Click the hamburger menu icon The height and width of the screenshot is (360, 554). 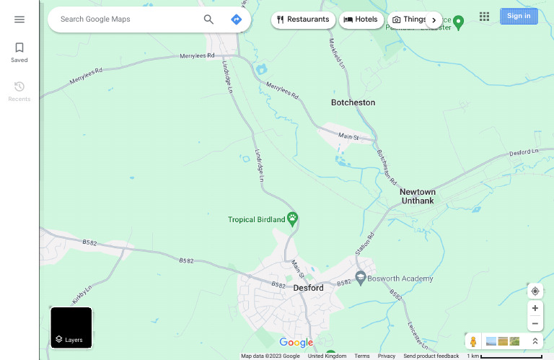point(19,19)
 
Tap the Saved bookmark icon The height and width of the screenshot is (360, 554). point(19,48)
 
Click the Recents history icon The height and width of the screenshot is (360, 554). point(19,87)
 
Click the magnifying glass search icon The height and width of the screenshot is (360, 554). point(208,19)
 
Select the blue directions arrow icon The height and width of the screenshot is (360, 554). point(236,19)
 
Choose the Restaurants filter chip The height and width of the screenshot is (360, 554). point(303,19)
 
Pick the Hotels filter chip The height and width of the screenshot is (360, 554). point(361,19)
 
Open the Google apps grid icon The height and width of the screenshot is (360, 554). point(485,17)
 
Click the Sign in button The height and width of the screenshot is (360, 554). point(519,16)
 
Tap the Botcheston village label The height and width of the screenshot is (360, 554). point(353,102)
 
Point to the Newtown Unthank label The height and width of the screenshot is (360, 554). point(418,196)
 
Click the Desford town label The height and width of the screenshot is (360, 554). point(308,288)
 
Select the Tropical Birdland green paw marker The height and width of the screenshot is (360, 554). point(293,218)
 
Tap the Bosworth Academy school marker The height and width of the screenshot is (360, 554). point(361,278)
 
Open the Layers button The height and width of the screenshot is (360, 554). point(71,328)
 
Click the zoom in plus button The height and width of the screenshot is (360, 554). point(535,308)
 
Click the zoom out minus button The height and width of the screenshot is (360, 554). point(535,324)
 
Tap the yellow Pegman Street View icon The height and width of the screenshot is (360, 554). point(473,341)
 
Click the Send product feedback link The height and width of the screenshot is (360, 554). point(431,356)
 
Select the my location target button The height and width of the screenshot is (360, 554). point(535,291)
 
